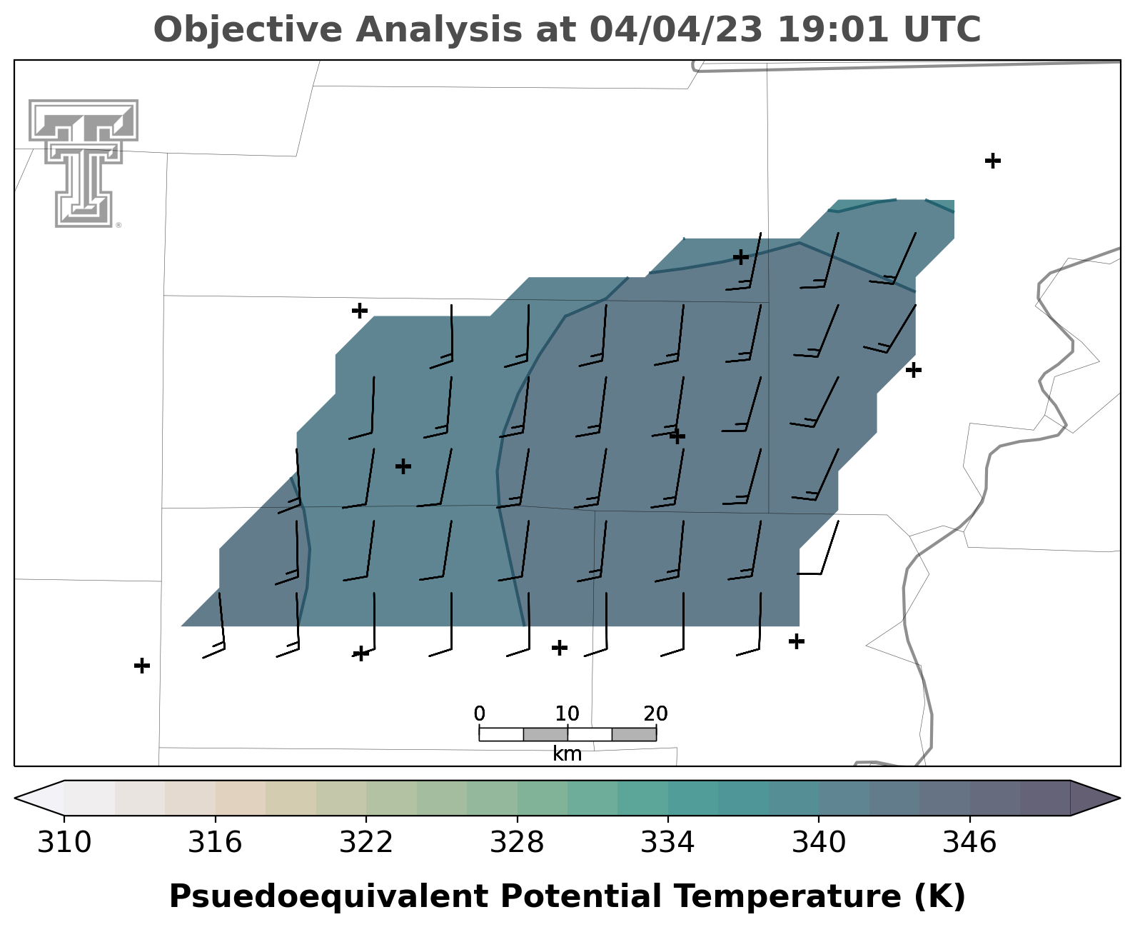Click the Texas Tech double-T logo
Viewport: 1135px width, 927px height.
click(x=84, y=163)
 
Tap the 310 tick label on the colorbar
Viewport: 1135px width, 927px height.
click(x=64, y=842)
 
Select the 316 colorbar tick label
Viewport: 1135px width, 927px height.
click(x=216, y=842)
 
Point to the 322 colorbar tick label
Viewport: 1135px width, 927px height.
click(x=366, y=842)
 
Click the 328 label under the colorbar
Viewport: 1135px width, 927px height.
click(x=518, y=842)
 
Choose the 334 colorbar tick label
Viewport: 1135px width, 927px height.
click(x=668, y=842)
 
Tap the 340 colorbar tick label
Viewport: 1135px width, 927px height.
click(x=819, y=842)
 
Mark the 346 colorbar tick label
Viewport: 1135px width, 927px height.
click(x=970, y=842)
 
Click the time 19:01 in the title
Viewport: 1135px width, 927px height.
click(x=833, y=29)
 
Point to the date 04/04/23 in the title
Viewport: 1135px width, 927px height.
click(x=676, y=29)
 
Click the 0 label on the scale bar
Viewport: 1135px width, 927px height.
click(x=480, y=714)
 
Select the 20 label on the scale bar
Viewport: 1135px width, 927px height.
click(x=655, y=714)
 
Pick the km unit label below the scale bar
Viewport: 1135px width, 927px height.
click(x=567, y=753)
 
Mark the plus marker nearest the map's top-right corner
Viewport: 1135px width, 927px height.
click(x=993, y=161)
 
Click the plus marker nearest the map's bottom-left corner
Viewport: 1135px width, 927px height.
click(x=141, y=666)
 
